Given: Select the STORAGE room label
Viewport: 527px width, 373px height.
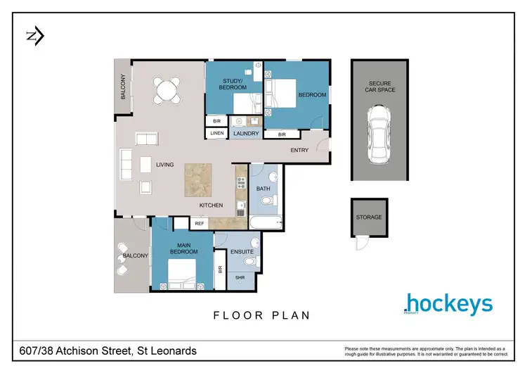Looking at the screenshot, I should (x=369, y=217).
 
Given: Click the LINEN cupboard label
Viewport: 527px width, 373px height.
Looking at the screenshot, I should (x=217, y=134).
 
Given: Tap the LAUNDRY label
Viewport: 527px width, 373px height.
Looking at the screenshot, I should (x=247, y=134).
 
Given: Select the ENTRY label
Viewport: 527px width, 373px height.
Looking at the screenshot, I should (x=300, y=150).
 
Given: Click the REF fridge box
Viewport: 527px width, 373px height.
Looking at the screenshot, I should (x=200, y=224).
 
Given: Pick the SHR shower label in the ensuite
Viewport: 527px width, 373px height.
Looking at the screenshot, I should (x=240, y=277).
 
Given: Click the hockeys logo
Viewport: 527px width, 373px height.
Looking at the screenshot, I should (x=448, y=304).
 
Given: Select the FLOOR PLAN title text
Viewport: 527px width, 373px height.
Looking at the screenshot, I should (x=262, y=316).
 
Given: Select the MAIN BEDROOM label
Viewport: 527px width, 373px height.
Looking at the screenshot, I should (x=183, y=248).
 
